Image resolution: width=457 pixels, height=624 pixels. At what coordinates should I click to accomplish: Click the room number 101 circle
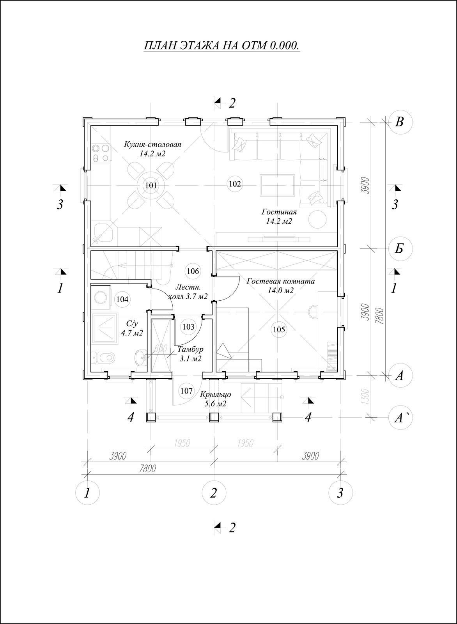point(151,185)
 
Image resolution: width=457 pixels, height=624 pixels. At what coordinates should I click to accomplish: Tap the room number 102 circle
point(235,184)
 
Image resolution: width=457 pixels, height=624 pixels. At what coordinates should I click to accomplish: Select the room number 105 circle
point(279,330)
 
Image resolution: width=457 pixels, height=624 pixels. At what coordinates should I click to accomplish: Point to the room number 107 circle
point(186,391)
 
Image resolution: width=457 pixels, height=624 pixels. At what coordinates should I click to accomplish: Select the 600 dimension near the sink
point(160,349)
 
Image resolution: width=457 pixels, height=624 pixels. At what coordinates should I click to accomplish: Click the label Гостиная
point(279,212)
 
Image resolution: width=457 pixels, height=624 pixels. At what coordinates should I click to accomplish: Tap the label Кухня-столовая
point(152,145)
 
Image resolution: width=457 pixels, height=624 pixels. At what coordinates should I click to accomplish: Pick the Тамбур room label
point(191,349)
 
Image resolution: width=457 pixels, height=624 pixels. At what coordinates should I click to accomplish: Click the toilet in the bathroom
point(103,357)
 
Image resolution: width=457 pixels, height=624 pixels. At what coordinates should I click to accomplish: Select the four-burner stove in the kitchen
point(101,153)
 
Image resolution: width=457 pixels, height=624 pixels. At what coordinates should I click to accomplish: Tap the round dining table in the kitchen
point(151,185)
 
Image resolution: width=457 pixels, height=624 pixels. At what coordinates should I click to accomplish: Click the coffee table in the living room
point(277,185)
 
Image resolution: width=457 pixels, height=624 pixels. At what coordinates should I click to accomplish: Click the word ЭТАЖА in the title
point(200,45)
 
